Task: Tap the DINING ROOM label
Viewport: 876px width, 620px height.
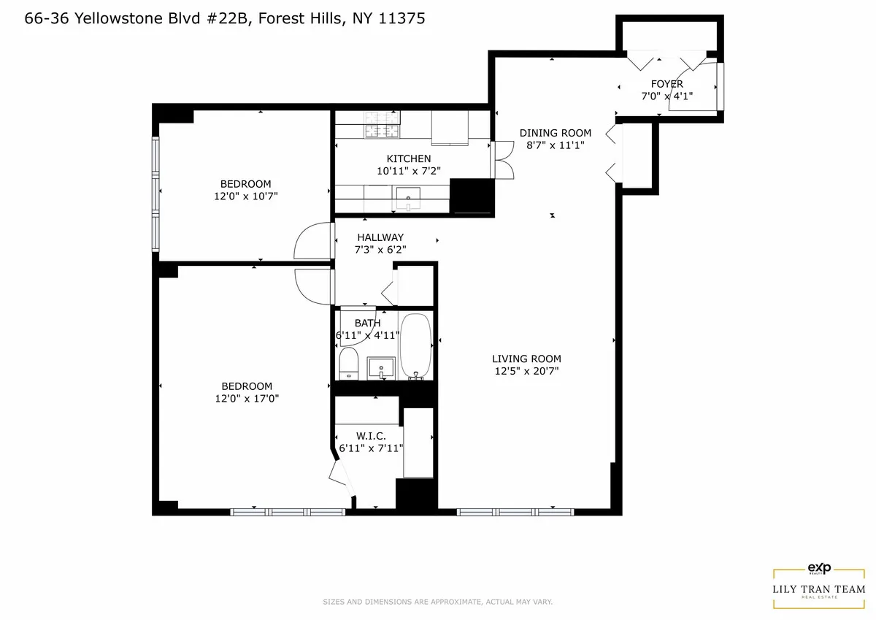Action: tap(555, 133)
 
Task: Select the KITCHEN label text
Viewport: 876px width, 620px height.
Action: tap(408, 158)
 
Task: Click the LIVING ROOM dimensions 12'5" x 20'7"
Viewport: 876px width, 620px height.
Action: tap(526, 371)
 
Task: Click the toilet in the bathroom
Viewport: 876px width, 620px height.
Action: tap(348, 363)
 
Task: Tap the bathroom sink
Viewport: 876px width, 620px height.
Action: tap(381, 366)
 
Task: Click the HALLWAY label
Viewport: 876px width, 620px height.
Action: tap(380, 237)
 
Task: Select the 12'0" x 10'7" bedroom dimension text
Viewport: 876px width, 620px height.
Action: tap(245, 196)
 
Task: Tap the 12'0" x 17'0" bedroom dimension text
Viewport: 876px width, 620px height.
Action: tap(246, 399)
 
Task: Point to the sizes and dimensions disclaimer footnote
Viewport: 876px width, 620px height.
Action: tap(437, 602)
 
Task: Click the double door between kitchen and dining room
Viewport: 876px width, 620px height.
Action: tap(502, 159)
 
